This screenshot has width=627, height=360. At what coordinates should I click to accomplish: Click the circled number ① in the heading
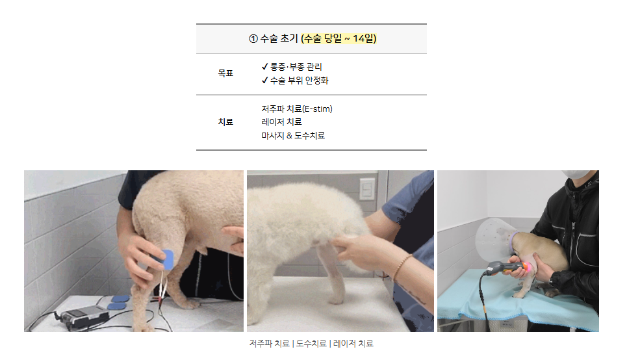coord(253,39)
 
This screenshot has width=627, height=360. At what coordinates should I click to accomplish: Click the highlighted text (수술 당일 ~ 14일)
coord(339,38)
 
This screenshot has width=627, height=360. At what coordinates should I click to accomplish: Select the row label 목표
coord(225,73)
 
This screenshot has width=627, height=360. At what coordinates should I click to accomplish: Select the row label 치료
coord(225,122)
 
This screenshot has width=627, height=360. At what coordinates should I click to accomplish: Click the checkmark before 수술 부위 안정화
coord(264,81)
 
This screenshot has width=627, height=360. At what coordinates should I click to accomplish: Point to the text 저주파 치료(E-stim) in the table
coord(297,109)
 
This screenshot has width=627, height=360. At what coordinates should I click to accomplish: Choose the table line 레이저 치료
coord(281,122)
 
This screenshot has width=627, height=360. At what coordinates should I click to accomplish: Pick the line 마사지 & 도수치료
coord(293,136)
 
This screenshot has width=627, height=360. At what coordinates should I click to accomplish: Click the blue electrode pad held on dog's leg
coord(165,259)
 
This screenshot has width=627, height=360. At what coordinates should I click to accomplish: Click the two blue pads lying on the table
coord(119,302)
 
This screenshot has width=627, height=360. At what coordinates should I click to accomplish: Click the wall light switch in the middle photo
coord(367,189)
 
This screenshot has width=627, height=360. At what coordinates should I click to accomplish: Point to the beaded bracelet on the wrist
coord(402,266)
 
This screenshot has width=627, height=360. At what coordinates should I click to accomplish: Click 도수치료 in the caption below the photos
coord(311,344)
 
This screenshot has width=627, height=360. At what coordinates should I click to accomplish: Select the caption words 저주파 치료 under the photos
coord(269,344)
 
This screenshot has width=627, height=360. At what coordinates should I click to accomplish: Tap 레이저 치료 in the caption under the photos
coord(353,344)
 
